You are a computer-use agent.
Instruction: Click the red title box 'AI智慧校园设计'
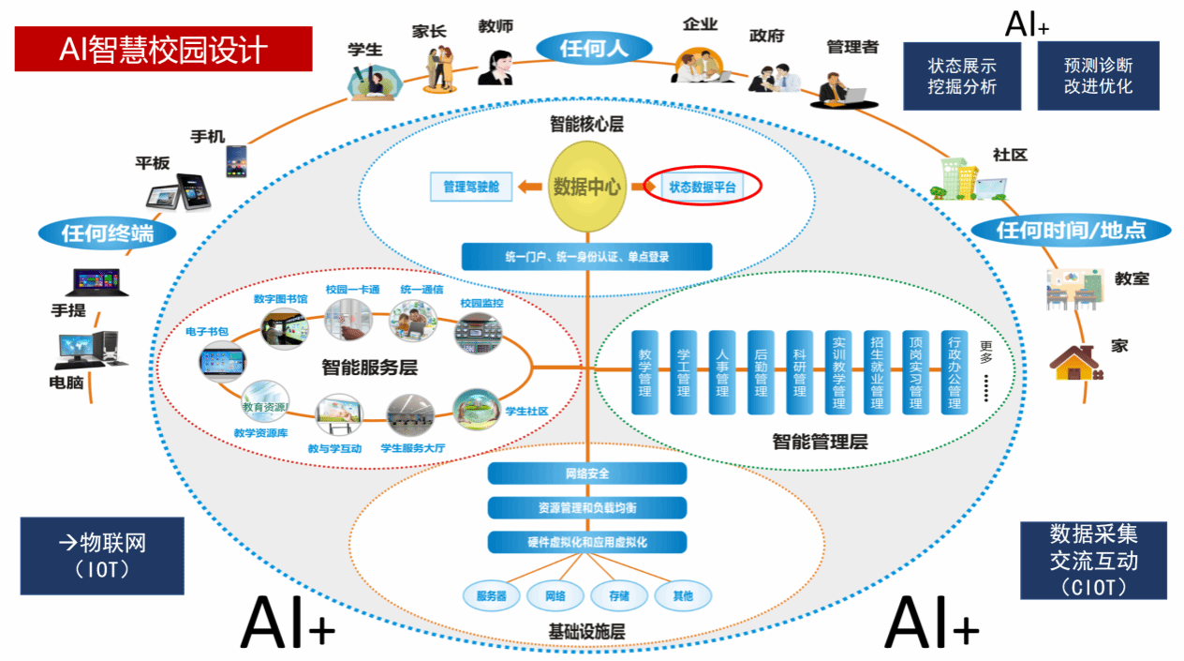pyautogui.click(x=163, y=49)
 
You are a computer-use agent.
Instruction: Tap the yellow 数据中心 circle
pyautogui.click(x=586, y=187)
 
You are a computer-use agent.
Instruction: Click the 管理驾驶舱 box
pyautogui.click(x=471, y=187)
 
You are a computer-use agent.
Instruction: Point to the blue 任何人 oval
pyautogui.click(x=594, y=48)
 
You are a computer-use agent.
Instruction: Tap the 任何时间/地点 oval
pyautogui.click(x=1071, y=230)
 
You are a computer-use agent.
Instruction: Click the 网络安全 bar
pyautogui.click(x=587, y=473)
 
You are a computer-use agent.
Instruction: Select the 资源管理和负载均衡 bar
pyautogui.click(x=587, y=507)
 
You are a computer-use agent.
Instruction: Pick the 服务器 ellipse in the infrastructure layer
pyautogui.click(x=492, y=595)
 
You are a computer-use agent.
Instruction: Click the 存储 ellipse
pyautogui.click(x=619, y=595)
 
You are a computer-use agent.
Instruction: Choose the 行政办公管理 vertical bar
pyautogui.click(x=954, y=372)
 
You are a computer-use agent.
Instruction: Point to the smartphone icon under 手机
pyautogui.click(x=235, y=160)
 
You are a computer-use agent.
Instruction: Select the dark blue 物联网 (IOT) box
pyautogui.click(x=102, y=555)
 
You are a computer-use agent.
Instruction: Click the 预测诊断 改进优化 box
pyautogui.click(x=1098, y=76)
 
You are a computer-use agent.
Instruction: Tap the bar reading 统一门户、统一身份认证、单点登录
pyautogui.click(x=586, y=256)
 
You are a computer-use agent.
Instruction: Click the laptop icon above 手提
pyautogui.click(x=95, y=282)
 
